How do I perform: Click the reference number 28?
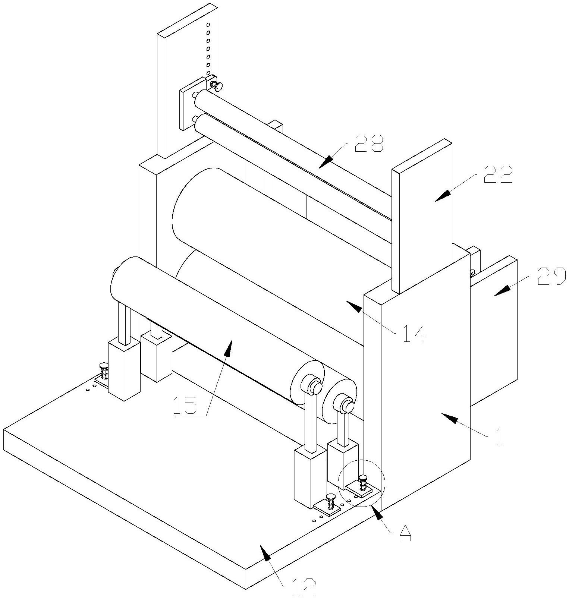pos(369,144)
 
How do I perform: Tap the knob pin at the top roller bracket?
pos(216,86)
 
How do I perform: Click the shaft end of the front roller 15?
pos(315,387)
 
